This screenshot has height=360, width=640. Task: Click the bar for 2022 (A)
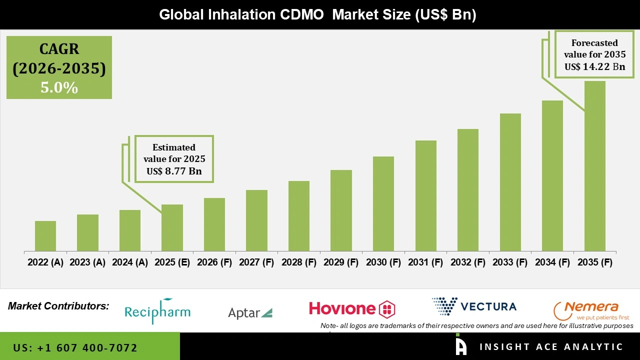click(x=45, y=236)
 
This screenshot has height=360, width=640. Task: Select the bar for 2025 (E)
click(x=172, y=227)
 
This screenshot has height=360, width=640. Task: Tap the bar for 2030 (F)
click(x=383, y=203)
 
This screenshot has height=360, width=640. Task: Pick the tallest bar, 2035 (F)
click(x=594, y=166)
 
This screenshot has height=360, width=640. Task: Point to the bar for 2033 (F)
click(x=510, y=182)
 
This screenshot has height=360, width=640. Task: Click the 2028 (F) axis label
click(x=299, y=262)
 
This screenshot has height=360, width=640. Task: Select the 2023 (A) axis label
click(x=87, y=262)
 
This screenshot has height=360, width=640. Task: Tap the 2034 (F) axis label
click(x=552, y=262)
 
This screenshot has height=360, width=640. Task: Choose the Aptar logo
click(x=250, y=313)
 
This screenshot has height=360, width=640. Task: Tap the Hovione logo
click(x=352, y=308)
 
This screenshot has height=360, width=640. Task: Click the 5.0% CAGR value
click(x=59, y=88)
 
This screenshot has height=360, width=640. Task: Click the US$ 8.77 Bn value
click(x=174, y=171)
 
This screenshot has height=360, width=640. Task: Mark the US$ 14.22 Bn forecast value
click(x=594, y=66)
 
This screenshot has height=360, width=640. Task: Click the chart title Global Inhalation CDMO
click(x=317, y=14)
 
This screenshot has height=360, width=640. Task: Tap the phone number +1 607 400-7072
click(x=75, y=347)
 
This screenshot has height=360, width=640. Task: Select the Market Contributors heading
click(x=58, y=305)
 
